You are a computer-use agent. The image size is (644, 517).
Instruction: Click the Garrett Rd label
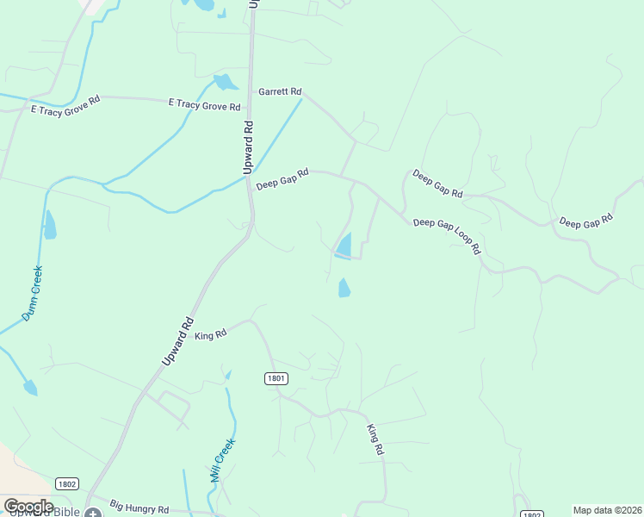[280, 91]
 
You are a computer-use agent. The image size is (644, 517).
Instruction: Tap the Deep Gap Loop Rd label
[446, 234]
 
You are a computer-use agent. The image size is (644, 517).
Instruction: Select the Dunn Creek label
[32, 293]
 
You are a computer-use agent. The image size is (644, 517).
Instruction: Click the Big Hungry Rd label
[139, 509]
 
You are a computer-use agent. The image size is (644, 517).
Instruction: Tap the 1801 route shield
[276, 378]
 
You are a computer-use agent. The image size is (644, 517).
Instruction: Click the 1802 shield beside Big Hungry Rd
[67, 484]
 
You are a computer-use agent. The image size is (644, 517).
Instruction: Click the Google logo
[29, 507]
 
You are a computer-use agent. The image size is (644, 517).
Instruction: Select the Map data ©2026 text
[607, 510]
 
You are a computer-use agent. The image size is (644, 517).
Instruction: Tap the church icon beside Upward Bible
[92, 513]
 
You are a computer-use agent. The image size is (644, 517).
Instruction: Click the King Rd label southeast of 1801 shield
[375, 439]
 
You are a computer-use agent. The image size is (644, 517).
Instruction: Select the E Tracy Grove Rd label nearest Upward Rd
[204, 105]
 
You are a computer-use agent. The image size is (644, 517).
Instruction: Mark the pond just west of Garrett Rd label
[226, 83]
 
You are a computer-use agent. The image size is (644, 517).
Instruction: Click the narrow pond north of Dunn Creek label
[50, 225]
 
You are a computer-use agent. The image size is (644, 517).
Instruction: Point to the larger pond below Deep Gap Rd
[344, 246]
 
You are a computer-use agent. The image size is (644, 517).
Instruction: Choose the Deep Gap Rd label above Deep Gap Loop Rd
[437, 184]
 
